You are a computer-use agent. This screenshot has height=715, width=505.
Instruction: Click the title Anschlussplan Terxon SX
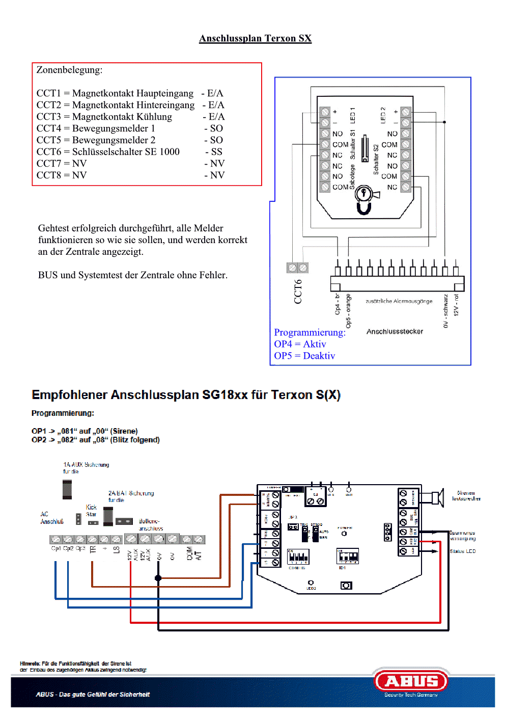click(x=255, y=38)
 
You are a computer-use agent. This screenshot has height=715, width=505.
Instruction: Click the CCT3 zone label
click(x=48, y=117)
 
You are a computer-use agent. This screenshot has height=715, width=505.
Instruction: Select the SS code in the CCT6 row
click(x=216, y=152)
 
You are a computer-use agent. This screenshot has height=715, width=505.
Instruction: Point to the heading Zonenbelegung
click(x=69, y=70)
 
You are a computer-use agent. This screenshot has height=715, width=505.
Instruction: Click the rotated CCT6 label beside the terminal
click(x=298, y=292)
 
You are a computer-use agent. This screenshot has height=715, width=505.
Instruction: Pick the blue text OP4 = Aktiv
click(x=300, y=344)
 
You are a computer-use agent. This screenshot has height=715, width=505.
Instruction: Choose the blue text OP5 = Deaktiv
click(x=304, y=356)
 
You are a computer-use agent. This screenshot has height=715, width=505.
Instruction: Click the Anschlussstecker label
click(x=395, y=332)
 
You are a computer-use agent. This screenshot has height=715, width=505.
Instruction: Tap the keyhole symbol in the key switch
click(x=364, y=194)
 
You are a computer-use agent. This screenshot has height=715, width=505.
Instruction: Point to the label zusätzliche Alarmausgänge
click(x=399, y=301)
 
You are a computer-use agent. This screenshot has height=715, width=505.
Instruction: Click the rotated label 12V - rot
click(x=456, y=304)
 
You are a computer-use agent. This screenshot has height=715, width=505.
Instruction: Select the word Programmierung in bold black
click(x=63, y=413)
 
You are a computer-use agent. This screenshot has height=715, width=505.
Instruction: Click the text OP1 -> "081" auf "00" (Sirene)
click(x=85, y=431)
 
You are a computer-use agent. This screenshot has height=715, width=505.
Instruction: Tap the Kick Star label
click(x=91, y=511)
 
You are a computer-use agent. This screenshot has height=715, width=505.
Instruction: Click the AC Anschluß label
click(x=52, y=518)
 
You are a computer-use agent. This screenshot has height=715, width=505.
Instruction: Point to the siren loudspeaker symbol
click(x=437, y=497)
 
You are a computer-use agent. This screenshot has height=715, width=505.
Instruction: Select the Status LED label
click(x=463, y=551)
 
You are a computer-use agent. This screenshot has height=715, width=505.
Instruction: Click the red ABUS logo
click(x=411, y=681)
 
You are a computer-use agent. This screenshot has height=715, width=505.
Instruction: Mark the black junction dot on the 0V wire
click(x=158, y=578)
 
